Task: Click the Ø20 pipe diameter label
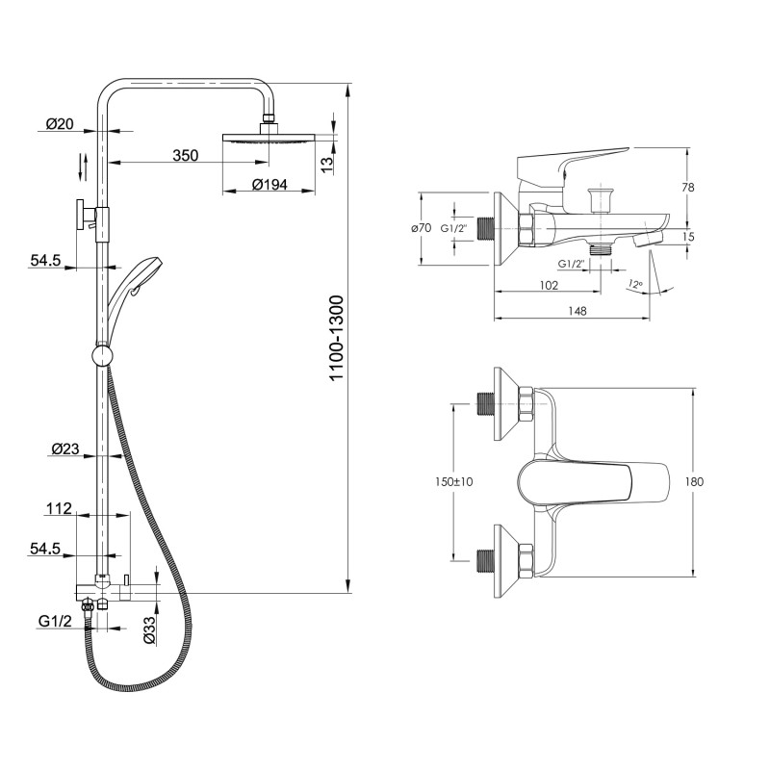[x=60, y=124]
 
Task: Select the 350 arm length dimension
[x=185, y=156]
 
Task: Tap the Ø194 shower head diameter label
[x=269, y=185]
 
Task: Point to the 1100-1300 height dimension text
[x=337, y=338]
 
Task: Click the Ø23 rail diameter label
[x=65, y=449]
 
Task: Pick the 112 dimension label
[x=59, y=508]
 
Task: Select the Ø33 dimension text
[x=149, y=630]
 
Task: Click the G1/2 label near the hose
[x=55, y=621]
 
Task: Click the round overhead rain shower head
[x=269, y=138]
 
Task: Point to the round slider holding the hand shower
[x=103, y=355]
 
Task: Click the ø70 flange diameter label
[x=422, y=228]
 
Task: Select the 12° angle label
[x=634, y=284]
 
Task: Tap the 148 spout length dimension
[x=577, y=311]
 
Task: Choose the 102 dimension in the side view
[x=549, y=285]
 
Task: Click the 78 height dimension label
[x=688, y=187]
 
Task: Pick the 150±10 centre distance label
[x=453, y=482]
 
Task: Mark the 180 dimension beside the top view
[x=694, y=482]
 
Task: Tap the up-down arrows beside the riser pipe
[x=84, y=167]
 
